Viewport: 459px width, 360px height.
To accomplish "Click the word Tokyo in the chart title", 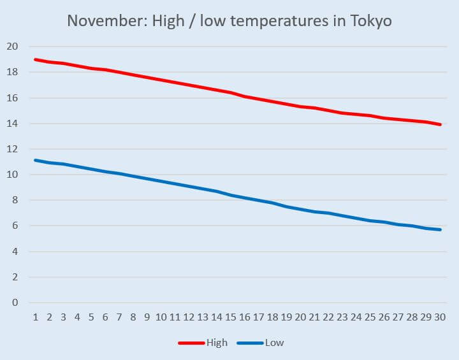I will click(x=371, y=20).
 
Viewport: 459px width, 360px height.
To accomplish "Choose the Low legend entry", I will click(x=274, y=343).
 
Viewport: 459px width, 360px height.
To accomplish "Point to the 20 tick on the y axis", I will click(x=12, y=47).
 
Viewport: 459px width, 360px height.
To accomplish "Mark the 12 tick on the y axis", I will click(x=12, y=149).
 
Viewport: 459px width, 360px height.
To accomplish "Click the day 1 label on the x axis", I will click(x=35, y=317).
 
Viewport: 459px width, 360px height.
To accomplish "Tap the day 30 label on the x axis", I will click(x=440, y=317).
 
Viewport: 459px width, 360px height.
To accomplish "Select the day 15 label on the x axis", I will click(x=231, y=317).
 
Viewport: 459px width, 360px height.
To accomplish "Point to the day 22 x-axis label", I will click(x=328, y=317).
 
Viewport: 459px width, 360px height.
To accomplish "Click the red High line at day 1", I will click(x=35, y=59).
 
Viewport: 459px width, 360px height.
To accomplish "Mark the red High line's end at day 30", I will click(x=440, y=124).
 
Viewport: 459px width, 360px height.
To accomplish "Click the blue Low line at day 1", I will click(x=35, y=160).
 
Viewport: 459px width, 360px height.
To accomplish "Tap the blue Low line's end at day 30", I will click(x=440, y=229).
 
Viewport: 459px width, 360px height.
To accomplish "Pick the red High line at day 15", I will click(x=231, y=92).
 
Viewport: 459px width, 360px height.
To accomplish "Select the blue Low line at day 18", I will click(x=272, y=203).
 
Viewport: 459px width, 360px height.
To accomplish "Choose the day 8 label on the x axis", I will click(x=133, y=317).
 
